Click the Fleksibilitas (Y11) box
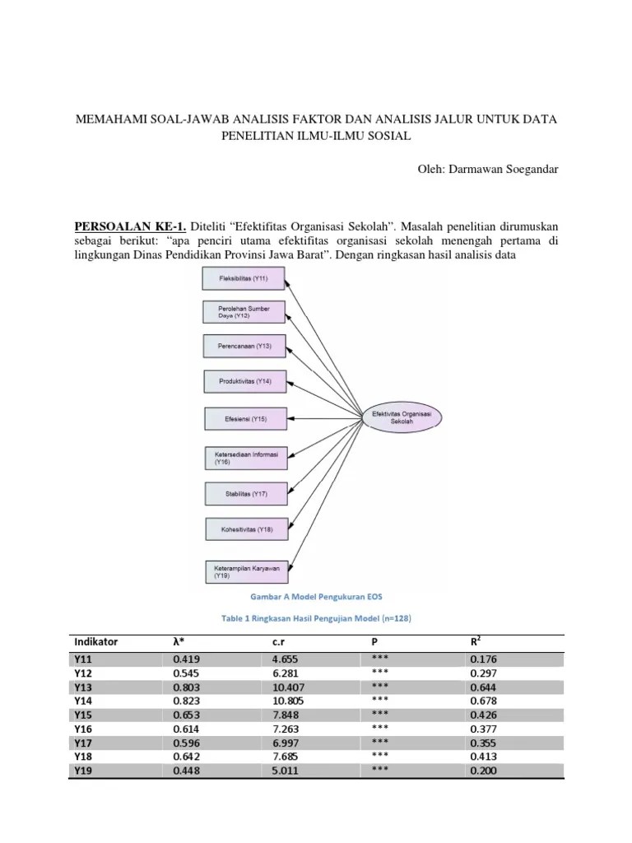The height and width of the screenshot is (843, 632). click(245, 278)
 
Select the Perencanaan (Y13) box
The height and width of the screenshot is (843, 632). click(245, 347)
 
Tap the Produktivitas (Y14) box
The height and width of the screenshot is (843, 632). click(245, 381)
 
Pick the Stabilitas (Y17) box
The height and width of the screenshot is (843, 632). click(245, 494)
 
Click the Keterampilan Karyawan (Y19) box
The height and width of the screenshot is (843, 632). click(245, 571)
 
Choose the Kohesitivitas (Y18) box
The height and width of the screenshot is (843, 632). click(245, 529)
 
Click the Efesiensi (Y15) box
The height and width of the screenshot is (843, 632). click(245, 419)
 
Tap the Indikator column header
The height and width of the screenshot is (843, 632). click(96, 641)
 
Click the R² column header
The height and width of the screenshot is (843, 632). click(476, 640)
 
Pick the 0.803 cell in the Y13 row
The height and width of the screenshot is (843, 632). click(187, 686)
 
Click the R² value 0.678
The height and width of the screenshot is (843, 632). click(483, 701)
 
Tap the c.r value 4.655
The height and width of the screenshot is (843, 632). click(286, 659)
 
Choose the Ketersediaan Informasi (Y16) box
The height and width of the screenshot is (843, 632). click(245, 457)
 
